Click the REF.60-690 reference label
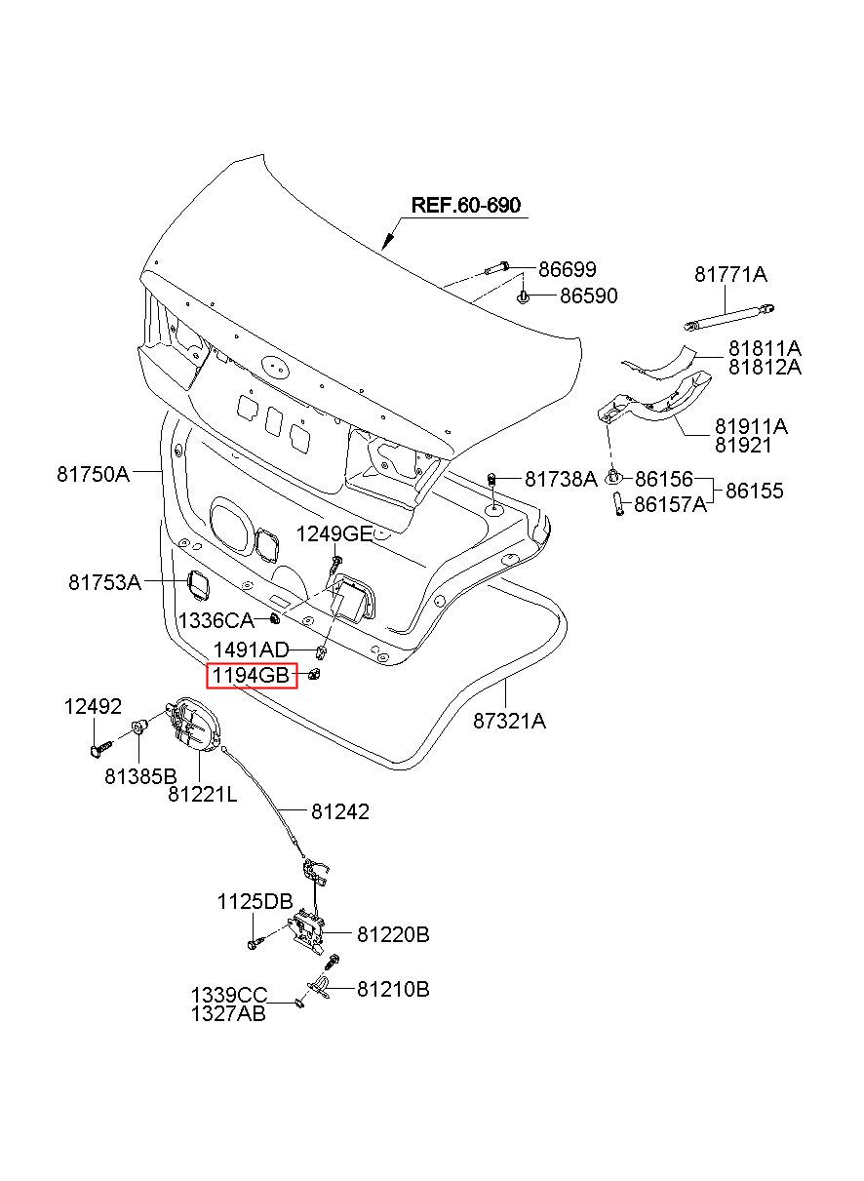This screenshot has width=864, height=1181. (465, 205)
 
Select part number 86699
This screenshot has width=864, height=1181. (567, 269)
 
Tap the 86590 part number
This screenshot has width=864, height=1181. (588, 295)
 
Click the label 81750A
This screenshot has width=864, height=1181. (93, 474)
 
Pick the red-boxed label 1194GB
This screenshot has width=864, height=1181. (251, 675)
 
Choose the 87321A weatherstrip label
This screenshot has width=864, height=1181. (509, 722)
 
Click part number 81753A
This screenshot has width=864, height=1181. (104, 582)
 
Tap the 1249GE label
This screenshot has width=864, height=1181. (334, 533)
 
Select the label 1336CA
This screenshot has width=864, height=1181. (216, 620)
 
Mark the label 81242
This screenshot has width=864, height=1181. (340, 811)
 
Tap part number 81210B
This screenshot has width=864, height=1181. (393, 989)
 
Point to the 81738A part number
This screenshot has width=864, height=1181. (560, 479)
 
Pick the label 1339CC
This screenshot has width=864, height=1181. (228, 995)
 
